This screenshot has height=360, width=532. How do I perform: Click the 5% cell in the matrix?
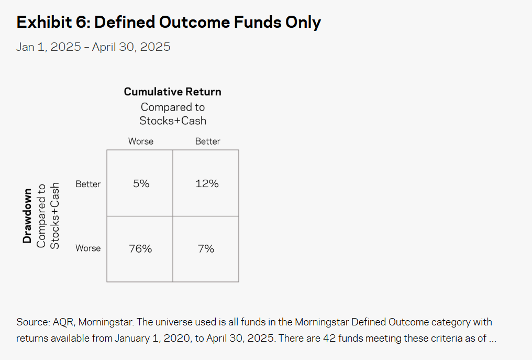[140, 183]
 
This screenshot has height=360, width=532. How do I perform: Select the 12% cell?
[206, 183]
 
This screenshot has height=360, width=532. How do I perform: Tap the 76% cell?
[140, 249]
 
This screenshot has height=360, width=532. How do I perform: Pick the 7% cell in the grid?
[206, 249]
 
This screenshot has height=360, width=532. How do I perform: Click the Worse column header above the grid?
[141, 141]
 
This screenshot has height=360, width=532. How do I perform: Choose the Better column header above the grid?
[208, 141]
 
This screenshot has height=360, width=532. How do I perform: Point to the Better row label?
[88, 184]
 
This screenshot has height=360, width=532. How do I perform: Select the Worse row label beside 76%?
[88, 248]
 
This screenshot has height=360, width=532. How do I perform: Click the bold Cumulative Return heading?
[173, 92]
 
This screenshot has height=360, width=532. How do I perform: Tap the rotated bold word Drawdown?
[27, 216]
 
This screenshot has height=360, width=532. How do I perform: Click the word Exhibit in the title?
[44, 23]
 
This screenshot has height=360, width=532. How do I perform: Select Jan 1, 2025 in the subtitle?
[49, 47]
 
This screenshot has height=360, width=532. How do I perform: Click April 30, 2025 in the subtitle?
[131, 47]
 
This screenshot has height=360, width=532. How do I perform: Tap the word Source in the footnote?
[32, 322]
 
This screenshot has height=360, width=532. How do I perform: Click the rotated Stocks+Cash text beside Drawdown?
[54, 216]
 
